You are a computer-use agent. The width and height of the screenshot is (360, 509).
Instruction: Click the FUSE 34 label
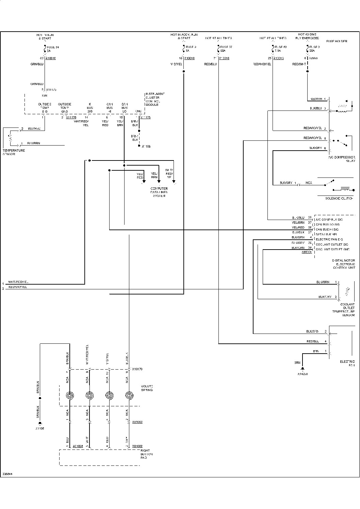53,47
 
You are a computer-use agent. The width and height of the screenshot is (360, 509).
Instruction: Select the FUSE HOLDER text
337,41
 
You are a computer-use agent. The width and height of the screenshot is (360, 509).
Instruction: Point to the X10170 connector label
137,369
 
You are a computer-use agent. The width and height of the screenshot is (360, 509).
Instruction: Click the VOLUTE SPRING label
147,388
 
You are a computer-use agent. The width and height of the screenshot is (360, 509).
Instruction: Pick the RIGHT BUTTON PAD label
147,454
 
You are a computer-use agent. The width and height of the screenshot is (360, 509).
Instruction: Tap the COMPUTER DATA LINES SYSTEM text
159,192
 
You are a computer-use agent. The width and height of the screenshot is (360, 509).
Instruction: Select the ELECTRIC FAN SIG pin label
329,239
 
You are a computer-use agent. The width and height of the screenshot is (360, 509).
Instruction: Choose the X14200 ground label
302,374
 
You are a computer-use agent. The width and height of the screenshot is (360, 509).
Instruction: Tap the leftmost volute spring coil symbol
69,395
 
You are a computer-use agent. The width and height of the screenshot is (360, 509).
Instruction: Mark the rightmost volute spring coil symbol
129,395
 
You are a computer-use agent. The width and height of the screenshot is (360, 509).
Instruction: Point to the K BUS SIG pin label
90,107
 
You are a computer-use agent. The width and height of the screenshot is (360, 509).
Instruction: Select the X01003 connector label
137,422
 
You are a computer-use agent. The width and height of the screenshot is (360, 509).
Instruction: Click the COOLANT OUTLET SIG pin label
332,244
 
